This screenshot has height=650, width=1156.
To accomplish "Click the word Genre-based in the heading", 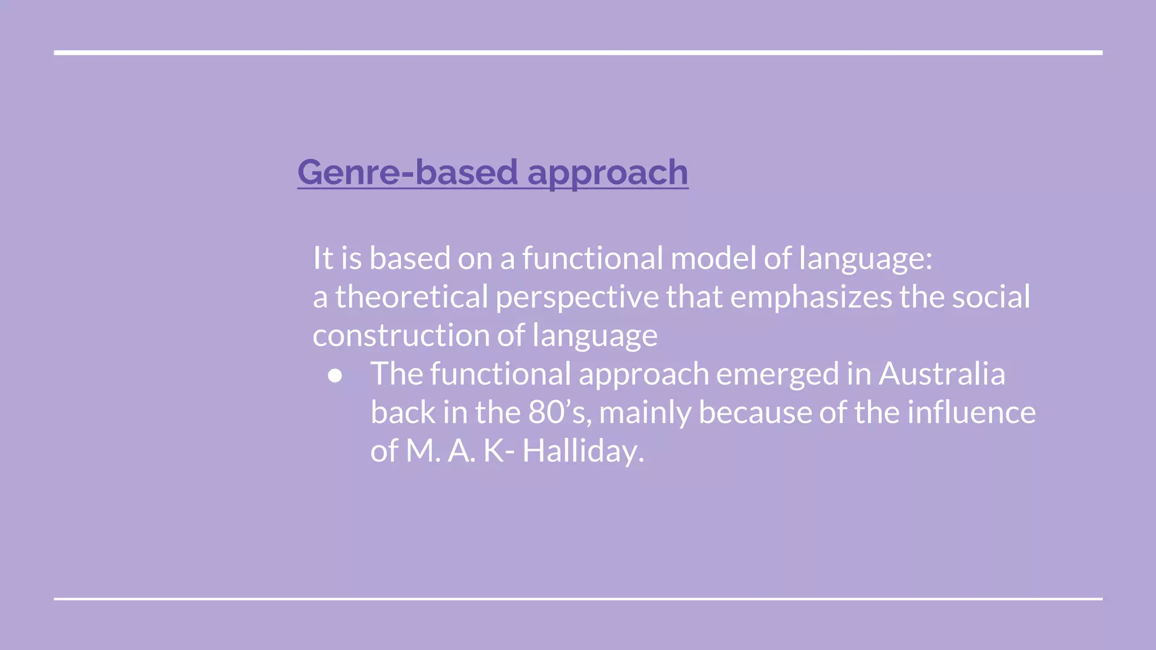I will [x=407, y=172].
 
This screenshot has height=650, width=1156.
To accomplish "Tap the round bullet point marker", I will [x=335, y=376].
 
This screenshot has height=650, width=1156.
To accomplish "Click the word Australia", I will [x=942, y=374].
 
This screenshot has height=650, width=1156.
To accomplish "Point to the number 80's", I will [x=559, y=412].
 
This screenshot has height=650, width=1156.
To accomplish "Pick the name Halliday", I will [x=583, y=451].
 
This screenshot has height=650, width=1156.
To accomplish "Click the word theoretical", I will [x=411, y=297].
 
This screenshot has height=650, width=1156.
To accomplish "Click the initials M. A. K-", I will [x=460, y=451].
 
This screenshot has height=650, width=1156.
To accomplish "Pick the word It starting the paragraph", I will [x=323, y=258].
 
